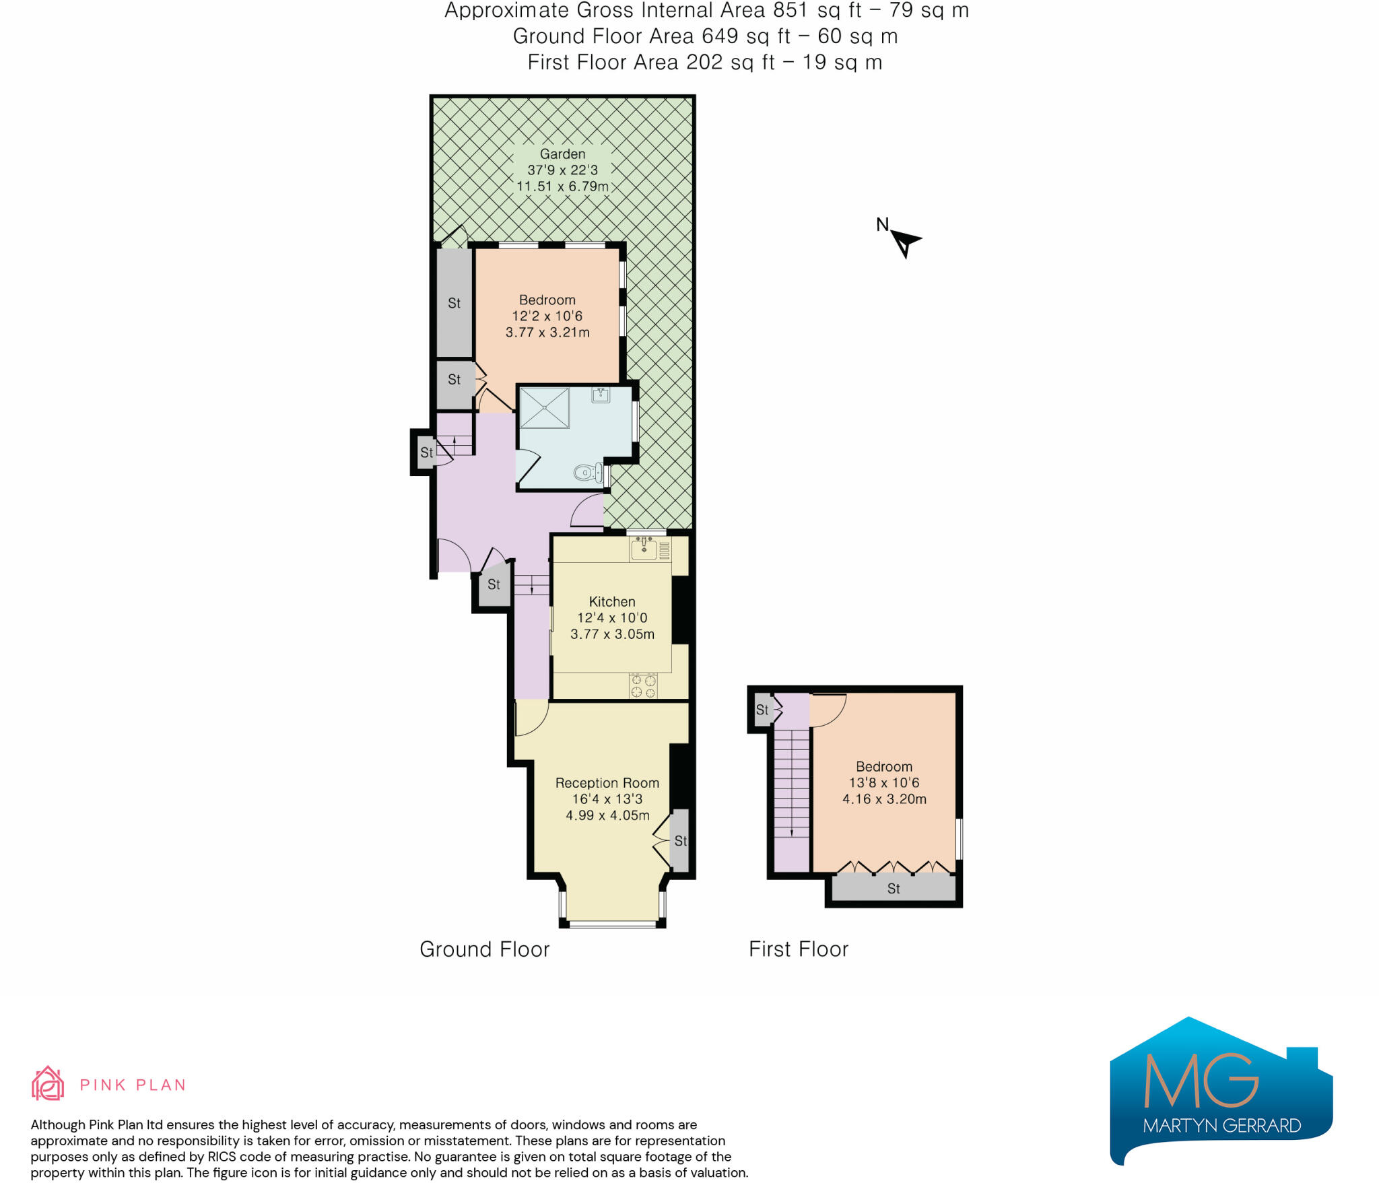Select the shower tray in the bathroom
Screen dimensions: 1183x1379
coord(544,407)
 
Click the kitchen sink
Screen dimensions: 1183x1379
coord(643,549)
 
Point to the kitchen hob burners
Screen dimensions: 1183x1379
coord(643,686)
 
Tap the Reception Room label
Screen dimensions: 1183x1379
coord(607,783)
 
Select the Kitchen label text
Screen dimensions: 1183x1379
coord(611,602)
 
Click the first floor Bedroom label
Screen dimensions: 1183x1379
coord(883,767)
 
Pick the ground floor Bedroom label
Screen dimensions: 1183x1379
coord(547,300)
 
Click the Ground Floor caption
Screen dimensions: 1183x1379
coord(484,949)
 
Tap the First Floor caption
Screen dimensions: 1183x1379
coord(798,949)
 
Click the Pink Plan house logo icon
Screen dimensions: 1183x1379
coord(48,1083)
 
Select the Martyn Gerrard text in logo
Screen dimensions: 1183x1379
coord(1221,1126)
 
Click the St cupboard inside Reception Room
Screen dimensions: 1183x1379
coord(680,840)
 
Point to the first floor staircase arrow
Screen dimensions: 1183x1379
coord(792,833)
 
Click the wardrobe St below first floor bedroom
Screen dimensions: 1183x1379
coord(893,889)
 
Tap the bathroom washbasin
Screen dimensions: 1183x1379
coord(601,395)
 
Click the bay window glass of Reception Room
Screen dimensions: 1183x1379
coord(612,923)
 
